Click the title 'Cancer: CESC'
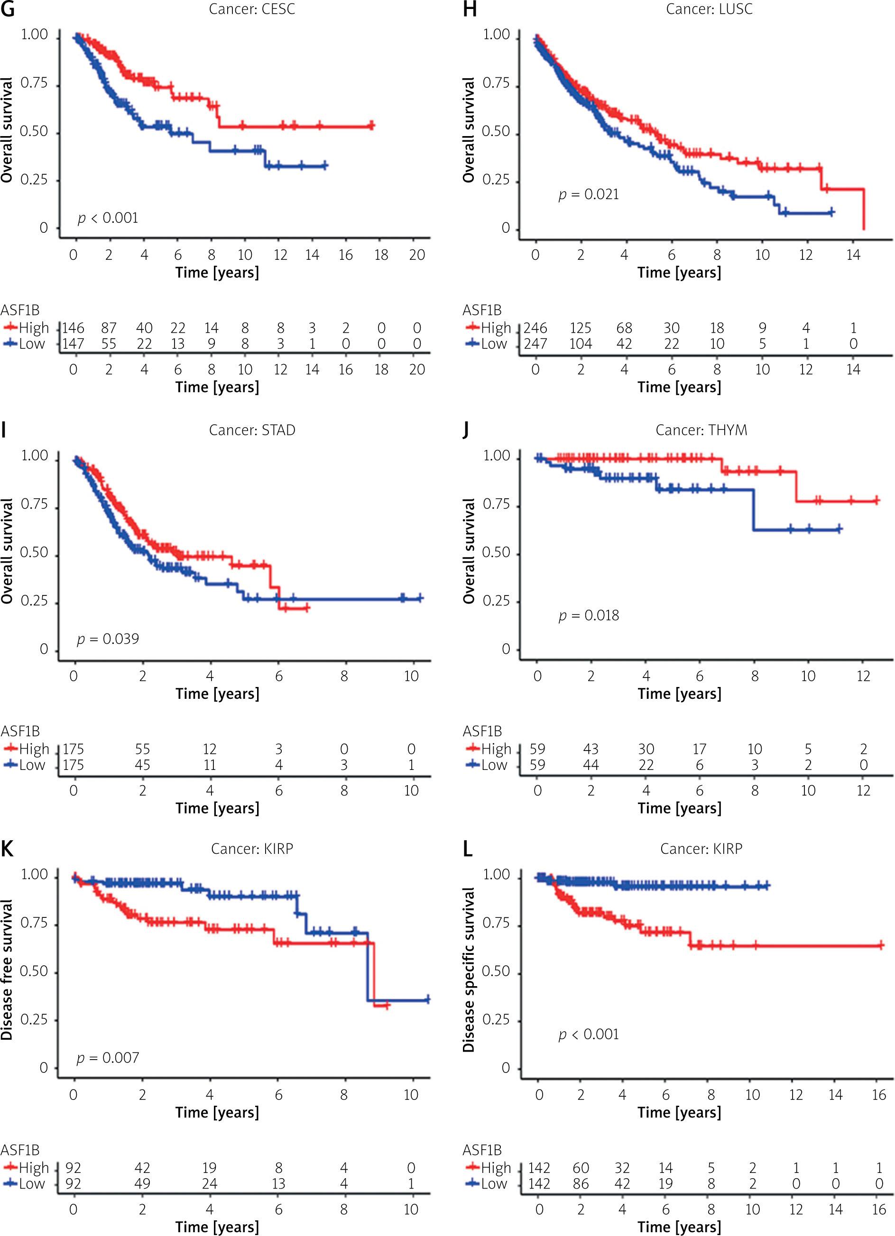[x=252, y=9]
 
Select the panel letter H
[x=469, y=10]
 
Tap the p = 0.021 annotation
[x=589, y=194]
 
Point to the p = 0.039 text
[x=108, y=639]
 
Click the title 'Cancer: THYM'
[x=701, y=430]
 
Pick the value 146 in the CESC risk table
[x=73, y=328]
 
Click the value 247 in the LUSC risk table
[x=535, y=344]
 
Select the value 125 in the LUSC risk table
[x=581, y=328]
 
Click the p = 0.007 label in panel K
[x=108, y=1058]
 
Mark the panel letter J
[x=466, y=430]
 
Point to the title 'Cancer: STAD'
[x=252, y=430]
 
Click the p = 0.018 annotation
[x=589, y=615]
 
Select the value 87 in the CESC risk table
[x=109, y=328]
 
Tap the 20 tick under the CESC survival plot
[x=417, y=255]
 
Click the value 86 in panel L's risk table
[x=581, y=1184]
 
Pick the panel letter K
[x=7, y=849]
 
